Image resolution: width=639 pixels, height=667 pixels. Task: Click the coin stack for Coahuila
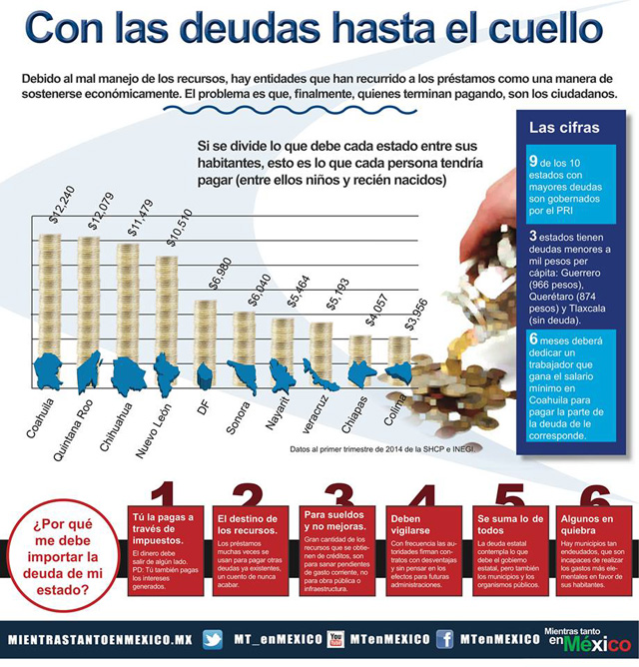click(51, 300)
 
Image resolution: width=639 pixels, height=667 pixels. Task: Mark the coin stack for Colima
click(399, 354)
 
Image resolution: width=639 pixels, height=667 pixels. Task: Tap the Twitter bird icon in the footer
click(213, 639)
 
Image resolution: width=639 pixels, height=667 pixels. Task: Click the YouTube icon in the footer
click(335, 639)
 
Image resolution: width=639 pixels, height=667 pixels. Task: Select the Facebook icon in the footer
click(445, 639)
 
